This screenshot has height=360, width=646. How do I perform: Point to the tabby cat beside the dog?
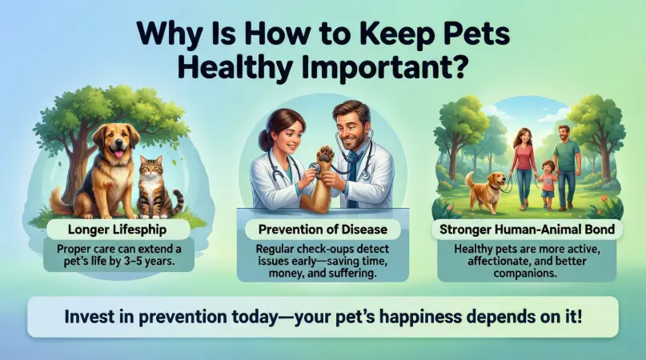152,185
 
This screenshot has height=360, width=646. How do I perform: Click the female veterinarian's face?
285,129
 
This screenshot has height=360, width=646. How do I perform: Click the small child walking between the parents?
548,183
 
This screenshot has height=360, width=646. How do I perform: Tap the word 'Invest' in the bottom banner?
90,317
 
